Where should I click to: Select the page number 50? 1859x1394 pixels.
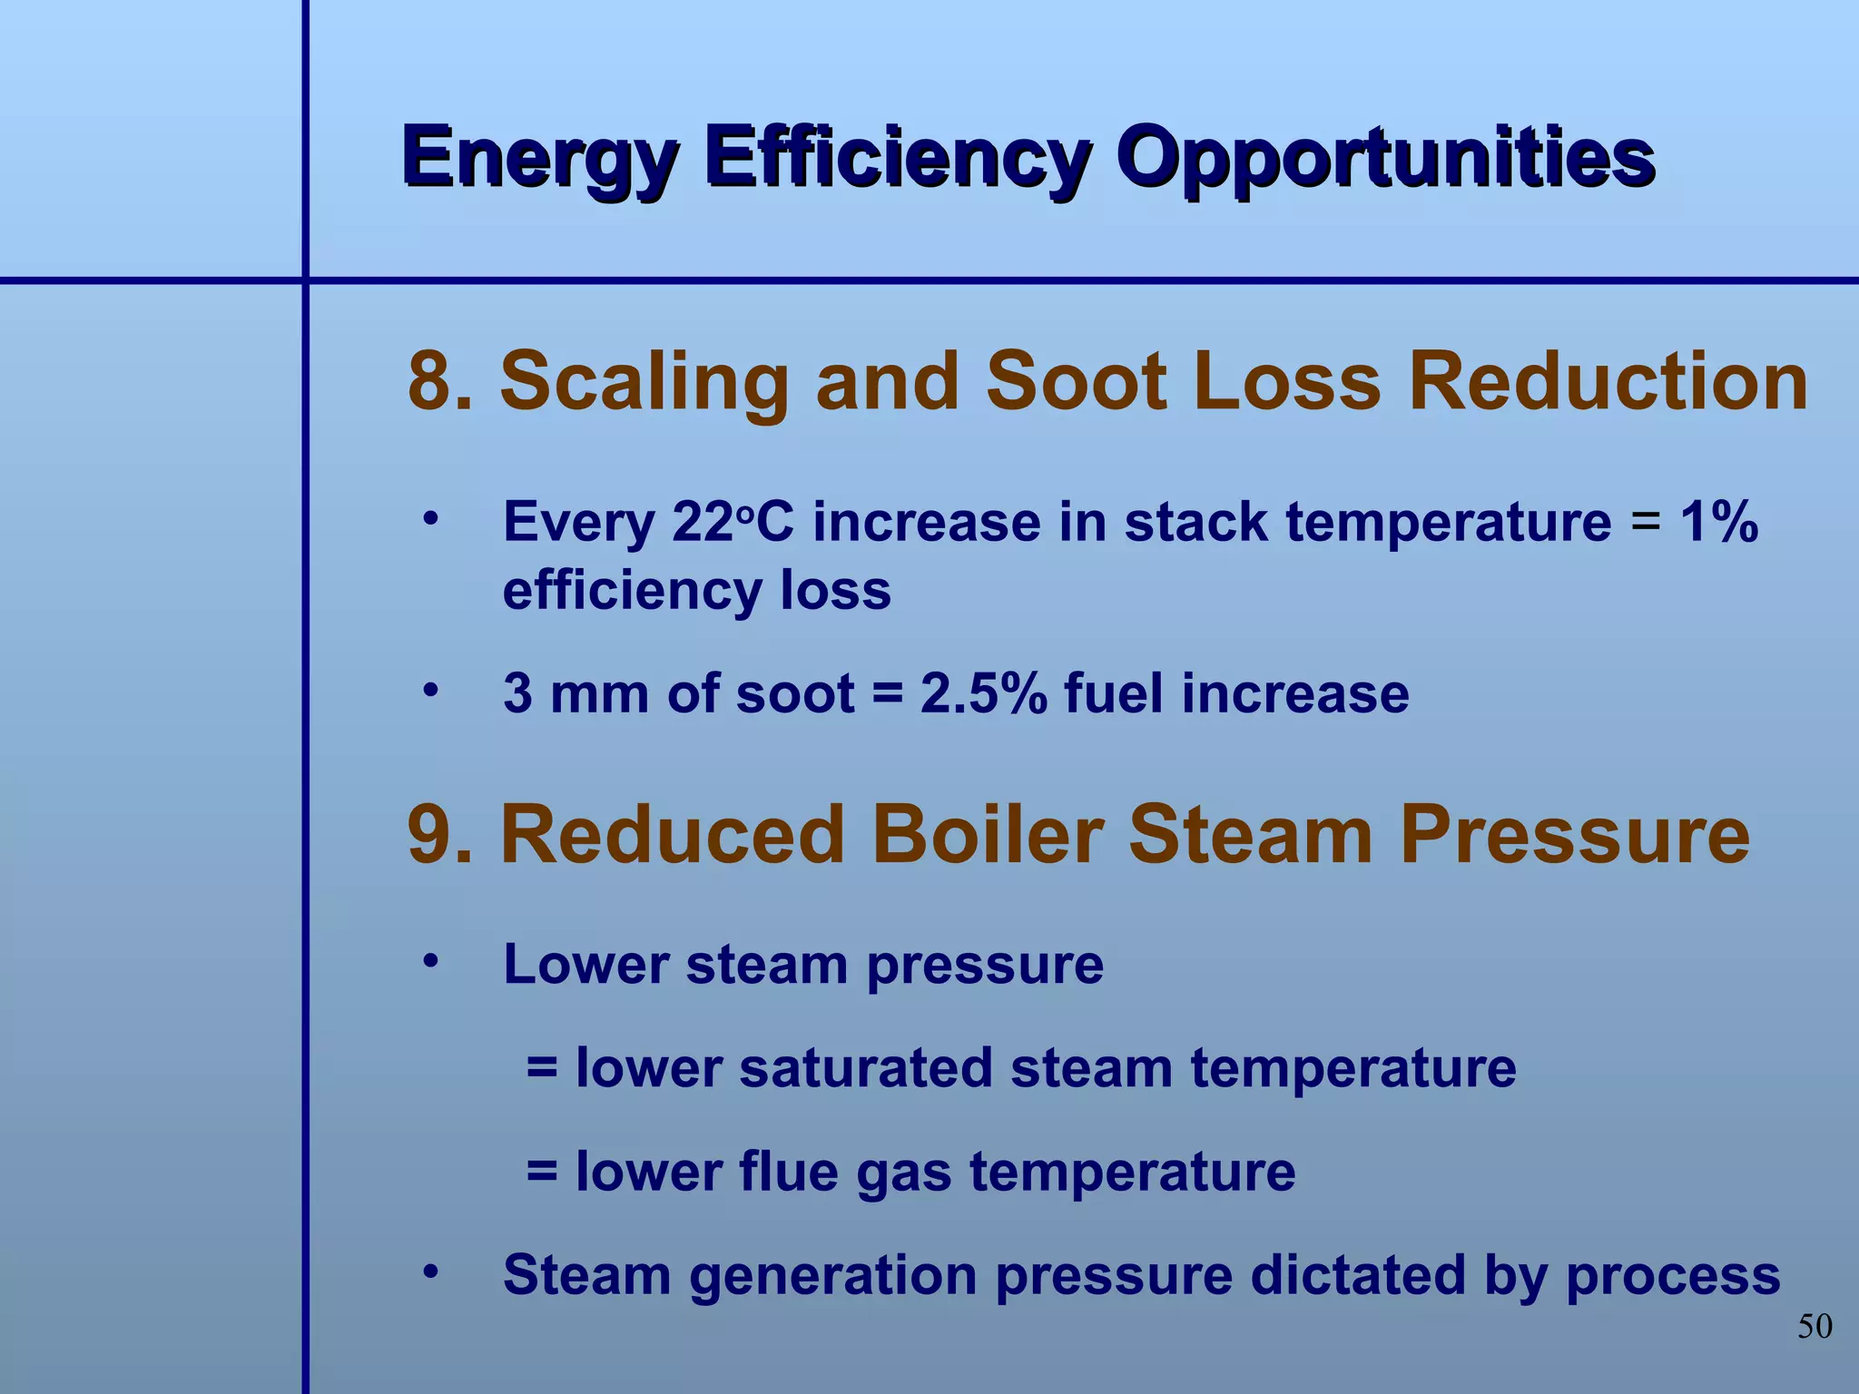coord(1815,1327)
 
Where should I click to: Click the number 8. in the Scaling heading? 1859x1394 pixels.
coord(441,381)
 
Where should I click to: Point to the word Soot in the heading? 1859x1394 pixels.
coord(1076,381)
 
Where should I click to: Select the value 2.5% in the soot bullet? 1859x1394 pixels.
coord(983,694)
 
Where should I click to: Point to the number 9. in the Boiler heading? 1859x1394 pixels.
coord(441,835)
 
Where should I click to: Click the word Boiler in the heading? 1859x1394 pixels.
coord(988,835)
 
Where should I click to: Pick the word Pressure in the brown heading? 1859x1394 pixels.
coord(1574,835)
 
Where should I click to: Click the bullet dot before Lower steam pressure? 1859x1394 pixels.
coord(430,960)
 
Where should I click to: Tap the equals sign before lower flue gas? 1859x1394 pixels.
coord(542,1172)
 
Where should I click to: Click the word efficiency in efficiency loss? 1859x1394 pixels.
coord(632,591)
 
